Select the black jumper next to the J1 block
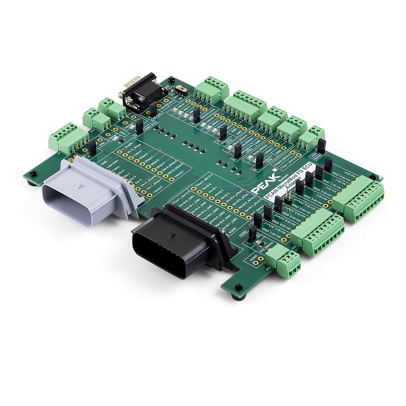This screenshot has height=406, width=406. point(92,148)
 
